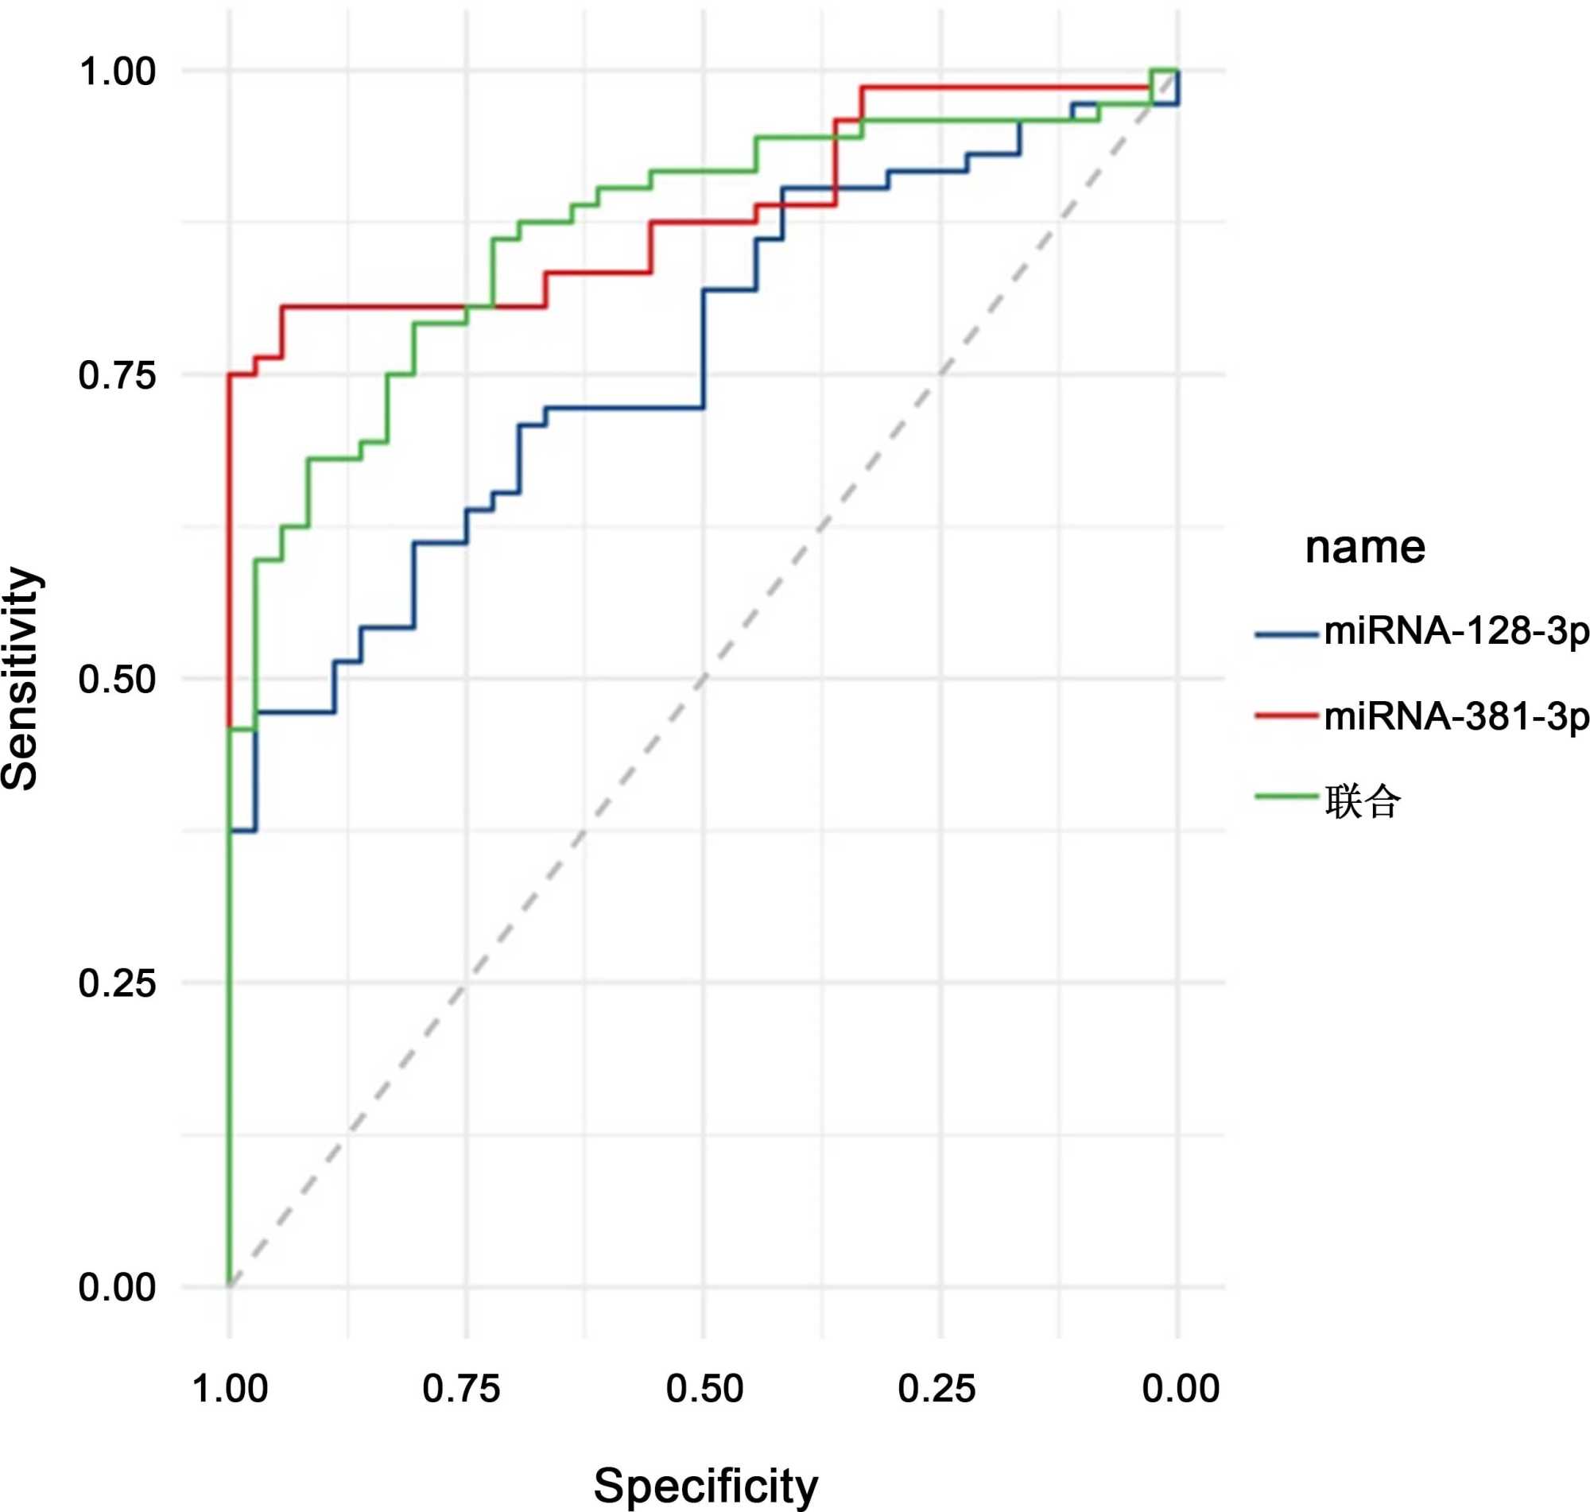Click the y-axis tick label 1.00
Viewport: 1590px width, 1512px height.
pyautogui.click(x=117, y=72)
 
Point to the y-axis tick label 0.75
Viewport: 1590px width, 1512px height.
pyautogui.click(x=117, y=375)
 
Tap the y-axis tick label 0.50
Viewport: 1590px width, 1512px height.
pyautogui.click(x=117, y=680)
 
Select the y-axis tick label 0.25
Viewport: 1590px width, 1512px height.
pyautogui.click(x=117, y=983)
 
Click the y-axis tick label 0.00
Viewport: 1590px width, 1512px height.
pyautogui.click(x=117, y=1287)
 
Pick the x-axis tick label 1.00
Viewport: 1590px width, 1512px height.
pyautogui.click(x=230, y=1389)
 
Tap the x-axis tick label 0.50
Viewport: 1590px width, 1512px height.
pyautogui.click(x=704, y=1389)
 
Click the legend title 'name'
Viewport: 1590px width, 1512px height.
pyautogui.click(x=1364, y=547)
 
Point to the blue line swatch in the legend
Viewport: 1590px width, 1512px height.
pyautogui.click(x=1286, y=635)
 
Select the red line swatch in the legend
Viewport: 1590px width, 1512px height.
pyautogui.click(x=1286, y=715)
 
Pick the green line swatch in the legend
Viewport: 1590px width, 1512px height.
pyautogui.click(x=1286, y=797)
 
